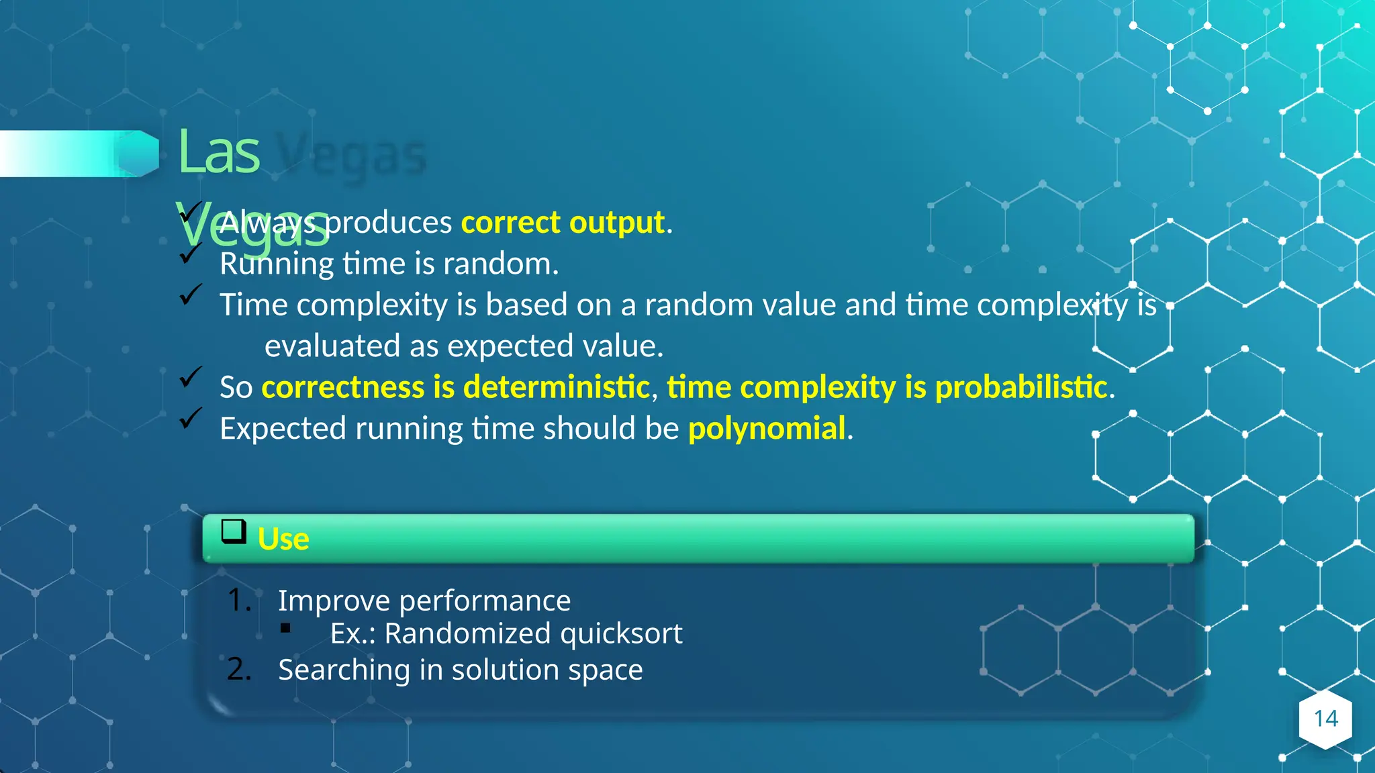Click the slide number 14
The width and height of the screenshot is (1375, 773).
coord(1325,719)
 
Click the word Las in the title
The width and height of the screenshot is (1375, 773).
coord(218,152)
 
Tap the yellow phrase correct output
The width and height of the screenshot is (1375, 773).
coord(563,222)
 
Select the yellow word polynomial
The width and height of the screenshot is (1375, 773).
coord(767,428)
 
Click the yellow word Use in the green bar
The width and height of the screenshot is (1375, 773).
coord(283,539)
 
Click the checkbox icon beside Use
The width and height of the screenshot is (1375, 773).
coord(234,531)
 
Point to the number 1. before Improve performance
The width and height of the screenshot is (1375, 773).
coord(239,600)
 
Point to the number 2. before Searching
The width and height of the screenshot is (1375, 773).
coord(239,669)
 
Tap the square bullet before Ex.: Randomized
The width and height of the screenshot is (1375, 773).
coord(285,629)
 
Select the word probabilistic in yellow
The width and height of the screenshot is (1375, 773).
coord(1021,387)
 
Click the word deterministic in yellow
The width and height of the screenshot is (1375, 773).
coord(556,387)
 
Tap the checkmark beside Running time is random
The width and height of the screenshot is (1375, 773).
coord(191,254)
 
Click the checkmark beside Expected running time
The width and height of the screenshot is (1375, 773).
coord(191,419)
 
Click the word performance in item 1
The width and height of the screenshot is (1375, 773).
coord(485,601)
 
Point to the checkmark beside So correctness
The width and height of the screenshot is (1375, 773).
coord(191,377)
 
